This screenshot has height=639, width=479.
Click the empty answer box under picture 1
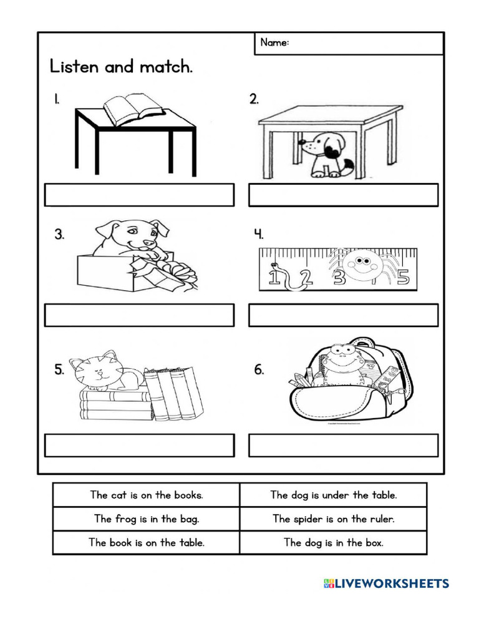(x=139, y=195)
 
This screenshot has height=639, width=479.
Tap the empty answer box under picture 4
(x=343, y=315)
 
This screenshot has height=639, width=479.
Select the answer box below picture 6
(x=343, y=446)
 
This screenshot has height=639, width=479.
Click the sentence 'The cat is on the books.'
(x=147, y=495)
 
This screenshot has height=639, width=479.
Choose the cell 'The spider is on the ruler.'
(x=334, y=519)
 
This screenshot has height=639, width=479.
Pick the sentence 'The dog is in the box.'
(x=334, y=542)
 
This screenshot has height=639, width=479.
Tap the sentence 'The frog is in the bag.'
(x=147, y=519)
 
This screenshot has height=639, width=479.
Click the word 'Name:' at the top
(x=274, y=43)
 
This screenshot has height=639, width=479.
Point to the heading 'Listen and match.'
(x=121, y=67)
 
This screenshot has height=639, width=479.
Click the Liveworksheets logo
(x=386, y=583)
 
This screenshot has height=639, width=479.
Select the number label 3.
(x=59, y=235)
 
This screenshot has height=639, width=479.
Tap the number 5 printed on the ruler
(x=404, y=278)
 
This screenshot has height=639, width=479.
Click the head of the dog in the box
(x=134, y=234)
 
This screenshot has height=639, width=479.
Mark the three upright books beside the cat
(x=174, y=393)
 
